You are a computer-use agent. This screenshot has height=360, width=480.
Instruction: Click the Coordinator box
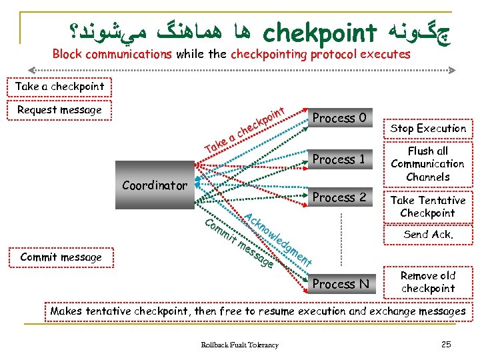pyautogui.click(x=155, y=185)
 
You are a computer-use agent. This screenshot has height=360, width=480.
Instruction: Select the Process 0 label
pyautogui.click(x=339, y=118)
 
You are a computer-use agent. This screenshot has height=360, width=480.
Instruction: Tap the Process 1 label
pyautogui.click(x=339, y=159)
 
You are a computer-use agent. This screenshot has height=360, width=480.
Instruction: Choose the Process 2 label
pyautogui.click(x=339, y=197)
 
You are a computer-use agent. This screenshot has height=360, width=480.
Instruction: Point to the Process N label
pyautogui.click(x=340, y=284)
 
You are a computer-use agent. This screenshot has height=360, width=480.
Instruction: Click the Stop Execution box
pyautogui.click(x=428, y=128)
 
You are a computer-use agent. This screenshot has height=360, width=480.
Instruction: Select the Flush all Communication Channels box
pyautogui.click(x=427, y=164)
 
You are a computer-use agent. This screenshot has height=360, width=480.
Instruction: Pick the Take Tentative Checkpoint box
pyautogui.click(x=427, y=207)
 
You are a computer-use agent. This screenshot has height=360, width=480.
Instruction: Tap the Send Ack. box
pyautogui.click(x=428, y=235)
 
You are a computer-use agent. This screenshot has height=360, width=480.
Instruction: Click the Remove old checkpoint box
pyautogui.click(x=427, y=282)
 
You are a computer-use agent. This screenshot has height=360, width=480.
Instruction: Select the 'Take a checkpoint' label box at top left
pyautogui.click(x=59, y=87)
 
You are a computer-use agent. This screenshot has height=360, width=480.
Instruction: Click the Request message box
pyautogui.click(x=59, y=110)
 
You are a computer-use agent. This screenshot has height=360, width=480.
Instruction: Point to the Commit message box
pyautogui.click(x=61, y=257)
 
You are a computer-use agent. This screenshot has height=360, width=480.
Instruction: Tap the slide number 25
pyautogui.click(x=446, y=344)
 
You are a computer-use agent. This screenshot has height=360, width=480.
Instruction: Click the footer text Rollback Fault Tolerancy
pyautogui.click(x=240, y=345)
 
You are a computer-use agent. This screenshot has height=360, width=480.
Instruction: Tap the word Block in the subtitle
pyautogui.click(x=67, y=54)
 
